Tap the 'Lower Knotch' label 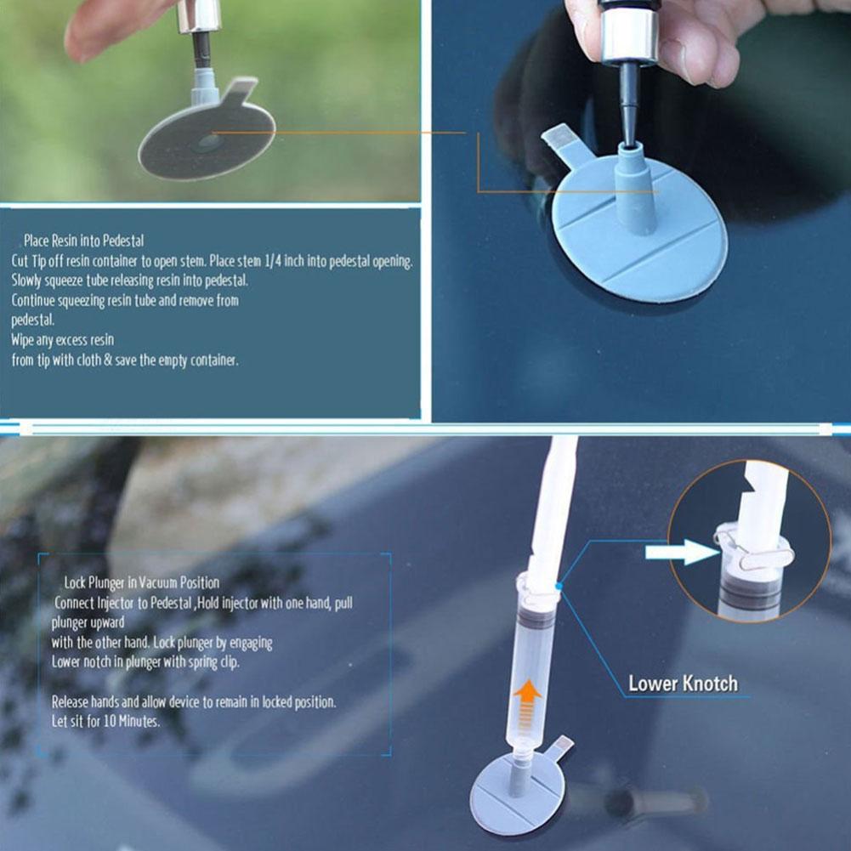coord(683,684)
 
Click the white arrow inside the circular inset coord(681,553)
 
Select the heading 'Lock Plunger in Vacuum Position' coord(141,583)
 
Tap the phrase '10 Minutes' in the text coord(130,720)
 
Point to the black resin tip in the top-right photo coord(628,102)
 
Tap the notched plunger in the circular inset coord(761,502)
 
